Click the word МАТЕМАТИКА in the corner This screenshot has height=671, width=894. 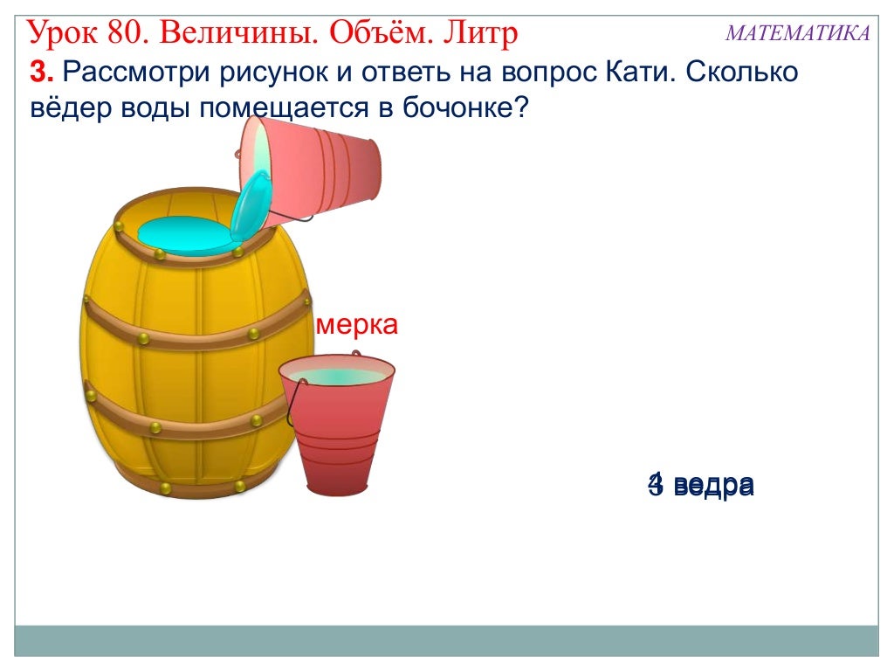tap(797, 33)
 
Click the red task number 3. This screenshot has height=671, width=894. tap(39, 73)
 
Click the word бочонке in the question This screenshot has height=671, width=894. tap(457, 111)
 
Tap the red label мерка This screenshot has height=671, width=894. tap(357, 325)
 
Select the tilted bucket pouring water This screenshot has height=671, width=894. tap(319, 168)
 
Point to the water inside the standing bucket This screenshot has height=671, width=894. tap(336, 376)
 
